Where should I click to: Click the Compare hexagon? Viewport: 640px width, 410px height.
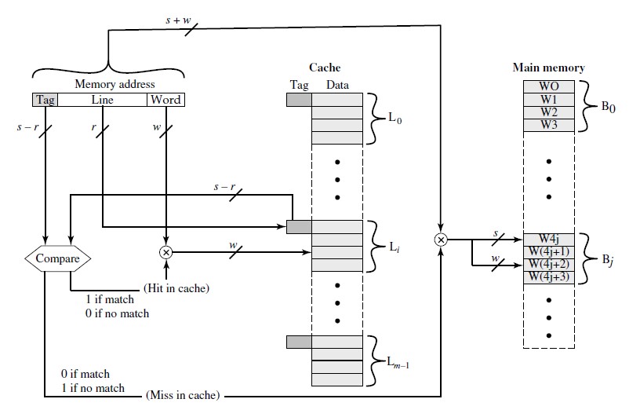(57, 258)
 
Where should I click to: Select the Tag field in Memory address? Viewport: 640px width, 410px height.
(45, 100)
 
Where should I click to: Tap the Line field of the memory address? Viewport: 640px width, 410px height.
(102, 100)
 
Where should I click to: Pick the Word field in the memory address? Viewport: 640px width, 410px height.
(165, 100)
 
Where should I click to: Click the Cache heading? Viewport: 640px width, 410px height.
(325, 68)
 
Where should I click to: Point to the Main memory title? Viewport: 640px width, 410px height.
(548, 68)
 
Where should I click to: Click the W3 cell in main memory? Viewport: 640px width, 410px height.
(549, 125)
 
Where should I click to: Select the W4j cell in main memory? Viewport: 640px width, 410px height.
(549, 239)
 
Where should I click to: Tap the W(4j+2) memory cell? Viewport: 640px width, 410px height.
(549, 265)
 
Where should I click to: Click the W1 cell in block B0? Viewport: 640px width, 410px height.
(549, 99)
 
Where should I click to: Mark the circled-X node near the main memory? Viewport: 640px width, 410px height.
(441, 240)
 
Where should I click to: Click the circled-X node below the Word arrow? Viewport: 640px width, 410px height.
(166, 253)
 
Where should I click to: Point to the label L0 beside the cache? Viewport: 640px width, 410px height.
(395, 119)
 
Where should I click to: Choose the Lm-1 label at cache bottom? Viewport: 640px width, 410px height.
(398, 362)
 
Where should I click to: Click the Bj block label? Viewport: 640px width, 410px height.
(608, 260)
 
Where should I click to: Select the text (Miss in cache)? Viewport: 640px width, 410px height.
(183, 395)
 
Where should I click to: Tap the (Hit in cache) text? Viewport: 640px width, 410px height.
(176, 288)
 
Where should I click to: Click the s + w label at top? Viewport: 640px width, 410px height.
(178, 20)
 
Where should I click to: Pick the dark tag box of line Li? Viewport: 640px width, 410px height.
(299, 227)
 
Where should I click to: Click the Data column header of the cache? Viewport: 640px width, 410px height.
(337, 85)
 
